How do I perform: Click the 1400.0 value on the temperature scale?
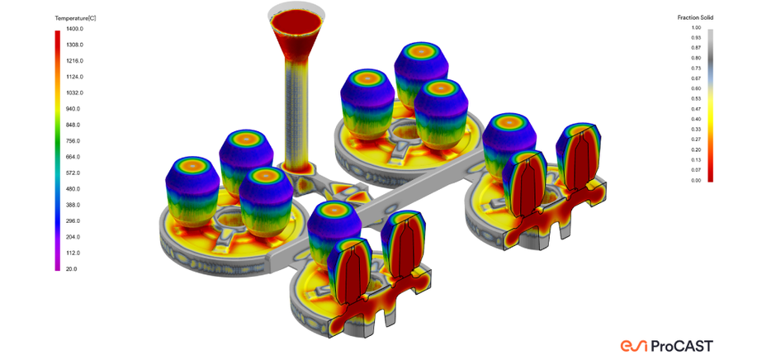76,29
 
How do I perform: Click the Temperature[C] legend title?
75,18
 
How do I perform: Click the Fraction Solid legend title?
695,18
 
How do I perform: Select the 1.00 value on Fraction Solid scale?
695,28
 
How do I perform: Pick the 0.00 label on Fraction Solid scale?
695,181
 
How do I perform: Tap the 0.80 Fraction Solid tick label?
695,58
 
